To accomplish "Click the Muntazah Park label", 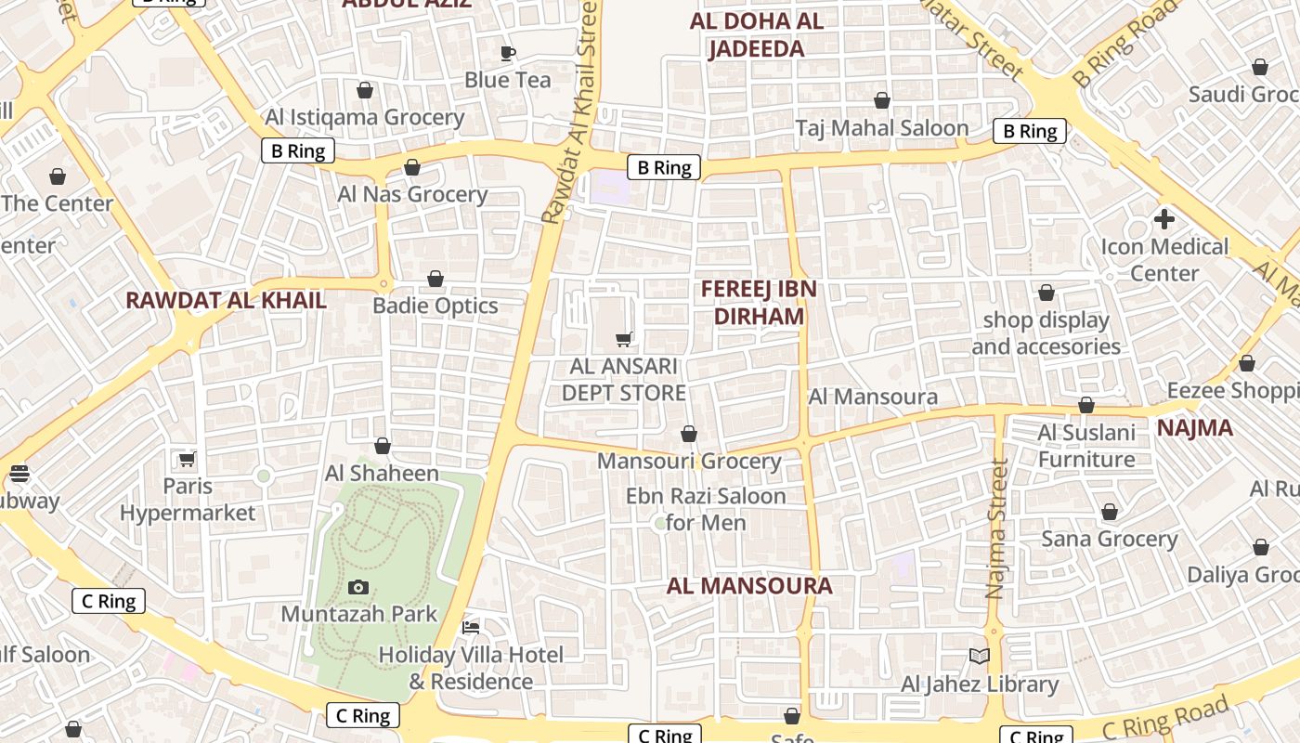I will pos(358,614).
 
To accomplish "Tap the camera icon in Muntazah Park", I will pos(357,587).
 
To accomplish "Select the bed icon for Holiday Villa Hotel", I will pos(471,628).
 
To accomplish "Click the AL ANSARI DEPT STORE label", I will pos(624,380).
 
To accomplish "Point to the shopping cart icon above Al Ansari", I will pos(624,340).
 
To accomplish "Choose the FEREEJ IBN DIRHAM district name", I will pos(759,303).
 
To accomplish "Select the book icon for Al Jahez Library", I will pos(980,656).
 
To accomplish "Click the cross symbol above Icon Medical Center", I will pos(1163,219).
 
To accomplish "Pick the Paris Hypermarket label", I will pos(188,500).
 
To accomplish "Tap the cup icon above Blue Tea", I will pos(507,53).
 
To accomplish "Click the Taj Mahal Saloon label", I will pos(881,128).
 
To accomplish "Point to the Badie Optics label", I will pos(435,306).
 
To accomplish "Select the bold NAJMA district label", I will pos(1194,428).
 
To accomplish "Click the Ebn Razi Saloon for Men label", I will pos(706,509).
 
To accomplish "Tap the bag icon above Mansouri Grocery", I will pos(689,434).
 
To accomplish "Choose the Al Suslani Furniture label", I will pos(1086,446).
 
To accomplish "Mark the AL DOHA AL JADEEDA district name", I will pos(757,35).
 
